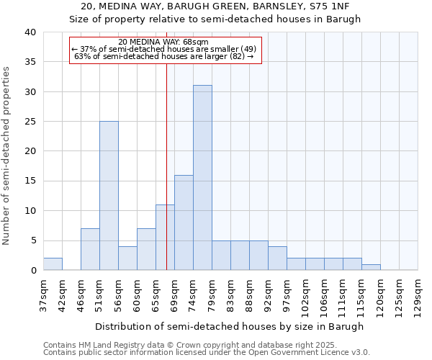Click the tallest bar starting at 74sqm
coord(202,178)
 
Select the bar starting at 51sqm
coord(109,196)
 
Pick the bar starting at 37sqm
coord(53,264)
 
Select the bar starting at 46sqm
coord(90,249)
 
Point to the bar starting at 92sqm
coord(277,258)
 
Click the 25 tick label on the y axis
coord(30,122)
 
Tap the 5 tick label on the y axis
coord(33,240)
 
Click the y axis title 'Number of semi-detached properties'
coord(7,155)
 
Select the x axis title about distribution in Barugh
coord(230,326)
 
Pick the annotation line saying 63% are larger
coord(164,56)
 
